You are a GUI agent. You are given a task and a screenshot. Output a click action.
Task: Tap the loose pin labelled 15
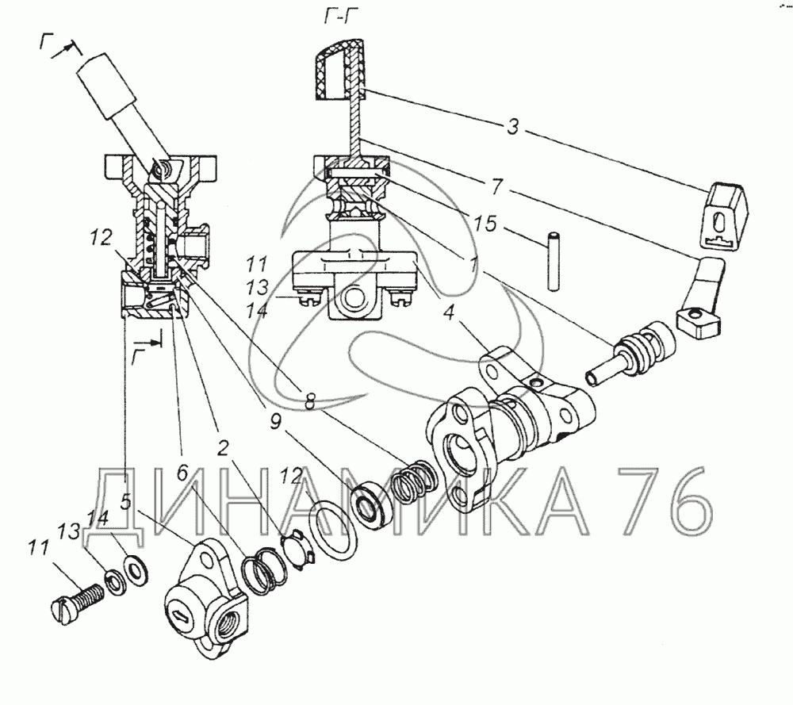coord(554,261)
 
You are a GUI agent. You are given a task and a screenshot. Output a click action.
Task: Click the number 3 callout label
coord(513,126)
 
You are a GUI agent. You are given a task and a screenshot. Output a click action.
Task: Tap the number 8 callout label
coord(309,402)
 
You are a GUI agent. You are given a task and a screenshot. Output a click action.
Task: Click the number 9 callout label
coord(275,421)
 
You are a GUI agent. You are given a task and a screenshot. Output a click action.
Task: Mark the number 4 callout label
coord(449,312)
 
